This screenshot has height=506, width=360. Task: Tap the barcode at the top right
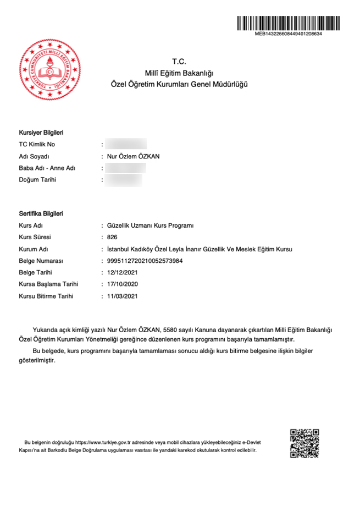288,23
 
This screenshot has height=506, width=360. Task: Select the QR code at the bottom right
304,443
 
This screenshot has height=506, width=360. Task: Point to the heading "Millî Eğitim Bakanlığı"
180,73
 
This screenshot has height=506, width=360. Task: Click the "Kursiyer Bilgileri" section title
42,133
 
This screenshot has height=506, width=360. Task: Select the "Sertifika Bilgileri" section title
41,213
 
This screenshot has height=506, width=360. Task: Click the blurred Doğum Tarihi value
124,180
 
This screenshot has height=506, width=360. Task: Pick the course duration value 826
113,237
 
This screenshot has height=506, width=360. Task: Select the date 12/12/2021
123,273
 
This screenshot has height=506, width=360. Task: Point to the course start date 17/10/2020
123,284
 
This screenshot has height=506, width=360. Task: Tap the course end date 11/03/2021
123,296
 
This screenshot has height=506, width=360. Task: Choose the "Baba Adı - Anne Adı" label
47,168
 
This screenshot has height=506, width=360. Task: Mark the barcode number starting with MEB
288,34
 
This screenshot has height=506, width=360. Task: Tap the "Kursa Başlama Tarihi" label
48,284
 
